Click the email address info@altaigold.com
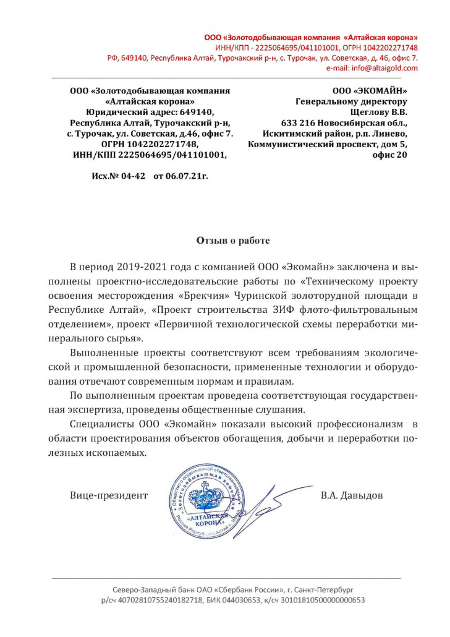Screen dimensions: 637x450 [x=384, y=68]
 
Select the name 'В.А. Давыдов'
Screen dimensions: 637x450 [x=352, y=495]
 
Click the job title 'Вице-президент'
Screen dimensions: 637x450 [x=109, y=495]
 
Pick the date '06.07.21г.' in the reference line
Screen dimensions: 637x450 [x=180, y=176]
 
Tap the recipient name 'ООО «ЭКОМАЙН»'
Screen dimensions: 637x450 [x=370, y=91]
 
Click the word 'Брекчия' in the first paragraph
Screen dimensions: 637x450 [x=202, y=294]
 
